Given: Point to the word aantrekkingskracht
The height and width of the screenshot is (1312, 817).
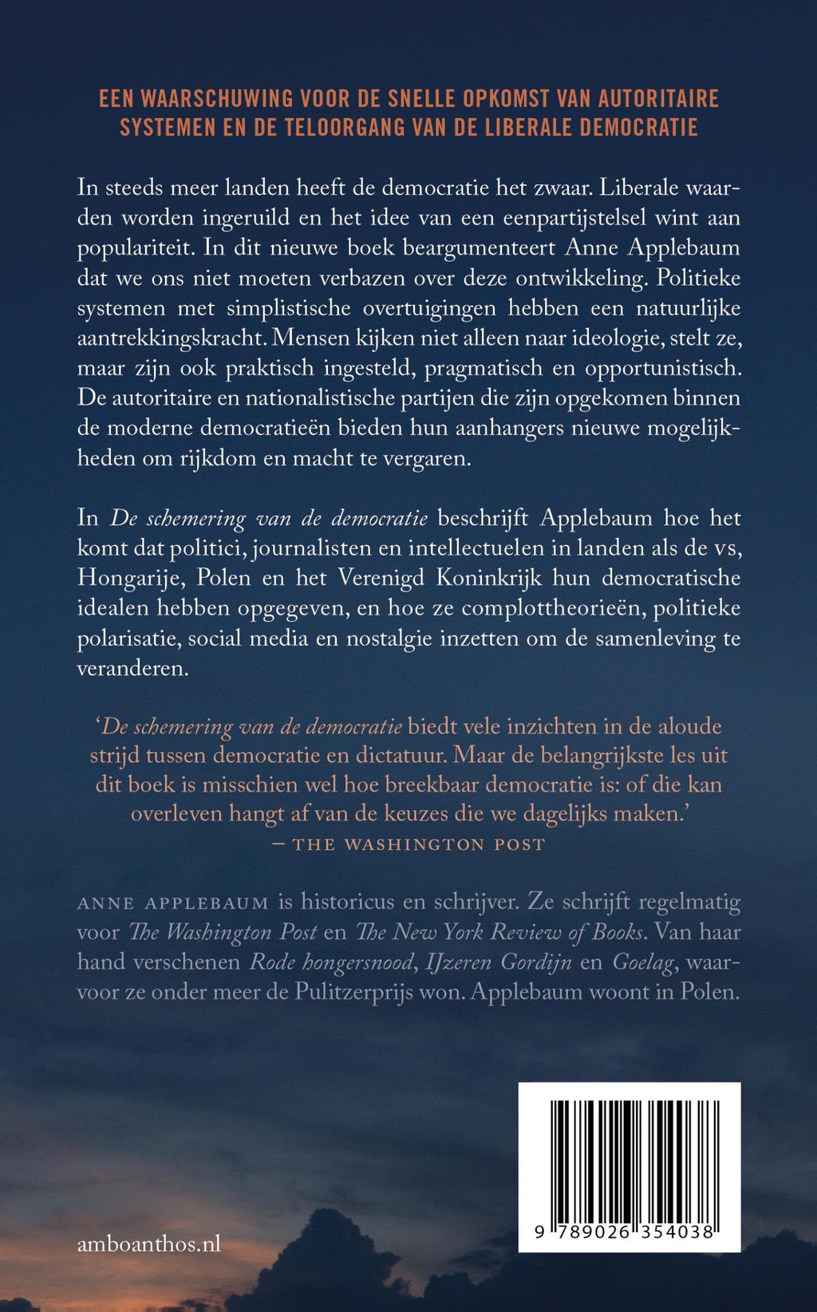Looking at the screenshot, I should (x=171, y=338).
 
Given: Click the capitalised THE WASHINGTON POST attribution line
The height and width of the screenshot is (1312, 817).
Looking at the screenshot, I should (x=419, y=844).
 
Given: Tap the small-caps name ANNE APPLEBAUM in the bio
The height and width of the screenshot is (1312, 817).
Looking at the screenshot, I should (x=173, y=903).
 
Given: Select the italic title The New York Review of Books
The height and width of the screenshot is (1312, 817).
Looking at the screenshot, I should (x=499, y=932).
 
